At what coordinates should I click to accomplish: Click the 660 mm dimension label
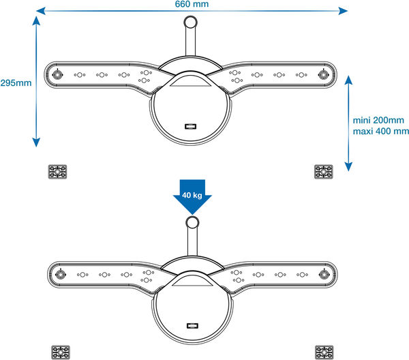(x=191, y=5)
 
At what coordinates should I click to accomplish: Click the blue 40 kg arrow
(x=192, y=196)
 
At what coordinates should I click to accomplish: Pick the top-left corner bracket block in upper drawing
(x=57, y=171)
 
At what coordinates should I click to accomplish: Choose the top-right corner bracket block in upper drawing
(x=322, y=171)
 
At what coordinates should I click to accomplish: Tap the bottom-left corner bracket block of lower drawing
(x=60, y=352)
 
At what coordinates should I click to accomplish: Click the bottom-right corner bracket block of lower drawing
(x=323, y=352)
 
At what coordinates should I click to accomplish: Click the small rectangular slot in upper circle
(x=190, y=127)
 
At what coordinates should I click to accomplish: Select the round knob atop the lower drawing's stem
(x=192, y=223)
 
